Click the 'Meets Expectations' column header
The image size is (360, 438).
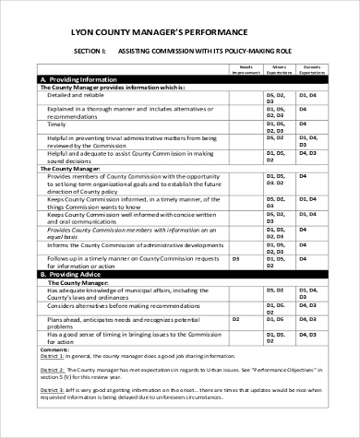[280, 69]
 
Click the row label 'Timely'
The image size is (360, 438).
[58, 125]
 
